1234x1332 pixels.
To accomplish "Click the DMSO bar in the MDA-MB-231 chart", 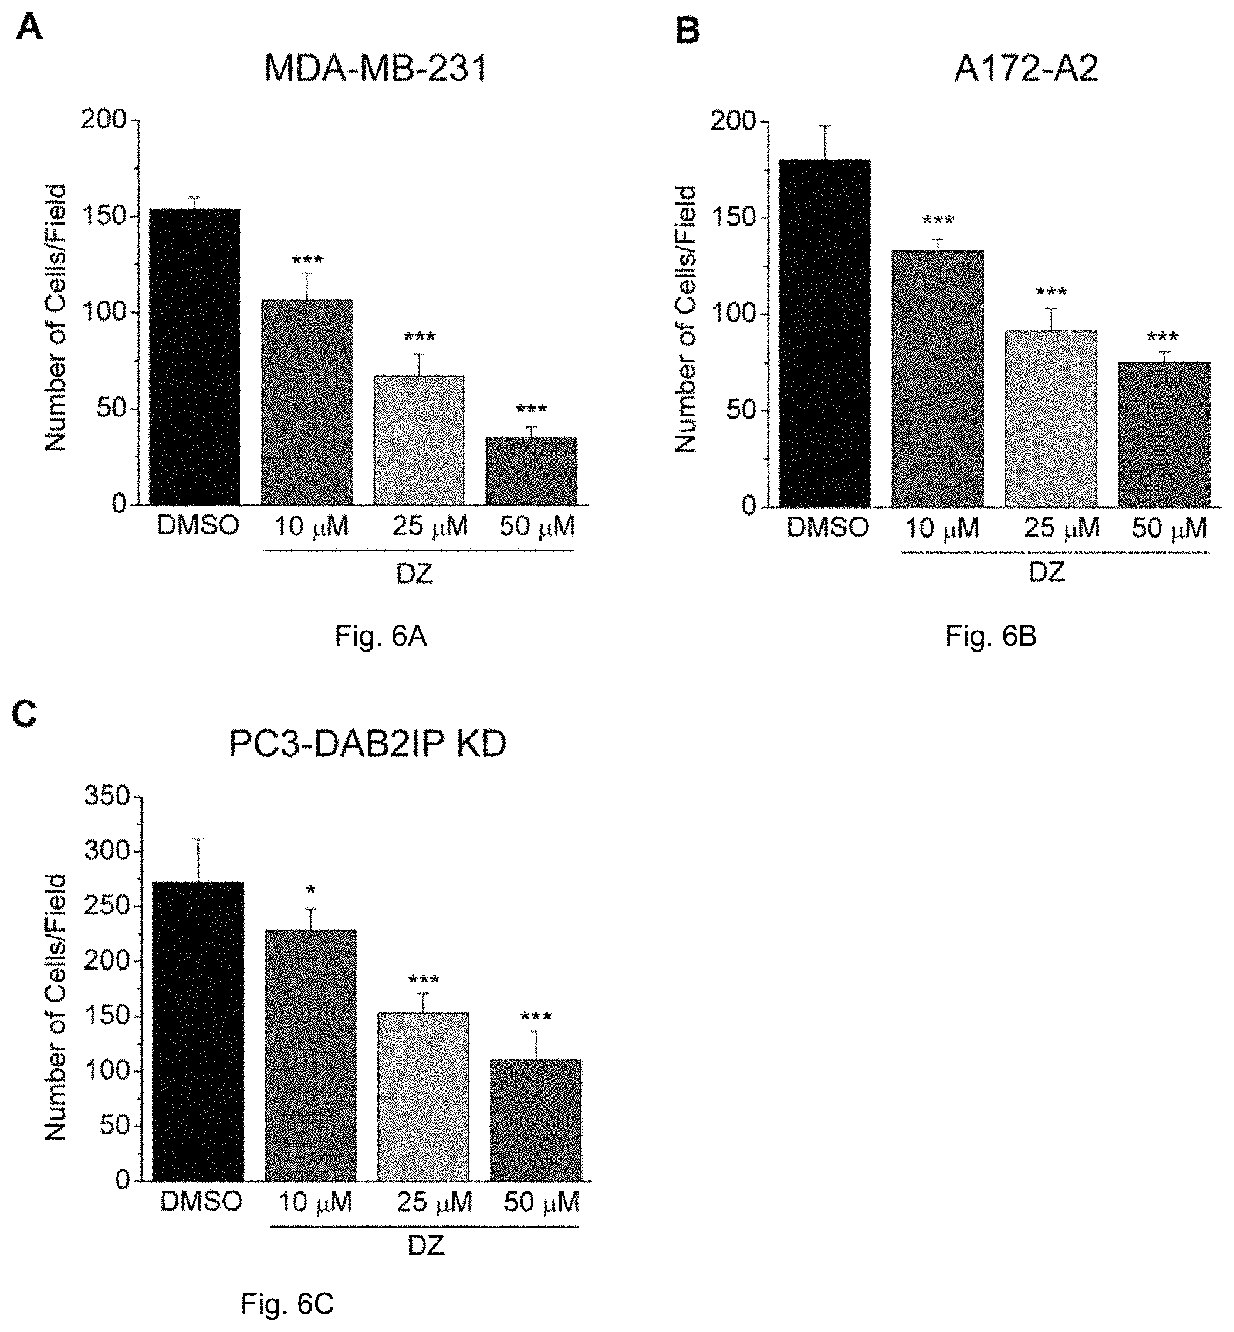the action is [x=194, y=357].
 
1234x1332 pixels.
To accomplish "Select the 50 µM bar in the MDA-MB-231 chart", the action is [x=532, y=470].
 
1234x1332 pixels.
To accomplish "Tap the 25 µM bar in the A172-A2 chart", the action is [x=1051, y=418].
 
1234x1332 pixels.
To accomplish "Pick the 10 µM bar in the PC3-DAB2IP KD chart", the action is [x=310, y=1056].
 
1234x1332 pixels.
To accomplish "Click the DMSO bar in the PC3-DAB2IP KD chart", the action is [x=198, y=1032].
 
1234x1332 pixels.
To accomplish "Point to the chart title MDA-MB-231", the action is [x=376, y=69].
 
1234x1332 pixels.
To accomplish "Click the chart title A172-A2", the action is [x=1026, y=69].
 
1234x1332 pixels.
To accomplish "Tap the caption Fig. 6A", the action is [x=381, y=636].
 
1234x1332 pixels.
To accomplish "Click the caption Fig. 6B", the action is [x=991, y=636].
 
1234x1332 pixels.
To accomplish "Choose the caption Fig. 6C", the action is [x=287, y=1302].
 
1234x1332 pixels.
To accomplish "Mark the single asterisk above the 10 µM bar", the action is [x=310, y=890].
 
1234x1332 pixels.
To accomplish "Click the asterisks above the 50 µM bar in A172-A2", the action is [x=1162, y=338].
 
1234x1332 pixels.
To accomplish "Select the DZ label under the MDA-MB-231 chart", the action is [x=415, y=573].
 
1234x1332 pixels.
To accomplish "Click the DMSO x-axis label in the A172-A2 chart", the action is [x=827, y=528].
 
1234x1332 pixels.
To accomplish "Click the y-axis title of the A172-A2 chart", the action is [x=686, y=319].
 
